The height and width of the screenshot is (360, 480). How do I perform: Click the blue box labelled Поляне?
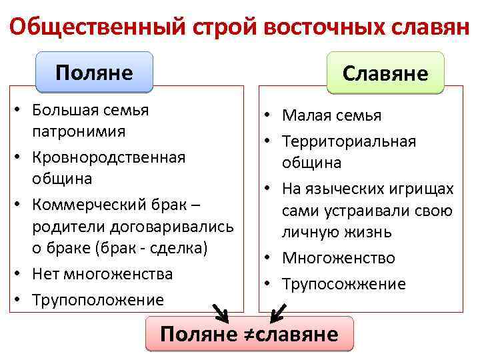[x=94, y=71]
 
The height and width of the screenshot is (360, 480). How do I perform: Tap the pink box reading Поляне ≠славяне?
[x=249, y=333]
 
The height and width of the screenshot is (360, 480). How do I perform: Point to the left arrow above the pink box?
[x=218, y=312]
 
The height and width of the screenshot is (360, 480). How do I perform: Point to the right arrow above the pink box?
[x=279, y=311]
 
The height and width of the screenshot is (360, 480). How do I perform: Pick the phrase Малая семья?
[x=331, y=115]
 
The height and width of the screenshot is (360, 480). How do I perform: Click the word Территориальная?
[x=349, y=141]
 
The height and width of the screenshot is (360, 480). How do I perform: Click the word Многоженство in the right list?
[x=338, y=258]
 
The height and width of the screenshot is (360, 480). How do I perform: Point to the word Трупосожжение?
[x=343, y=284]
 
